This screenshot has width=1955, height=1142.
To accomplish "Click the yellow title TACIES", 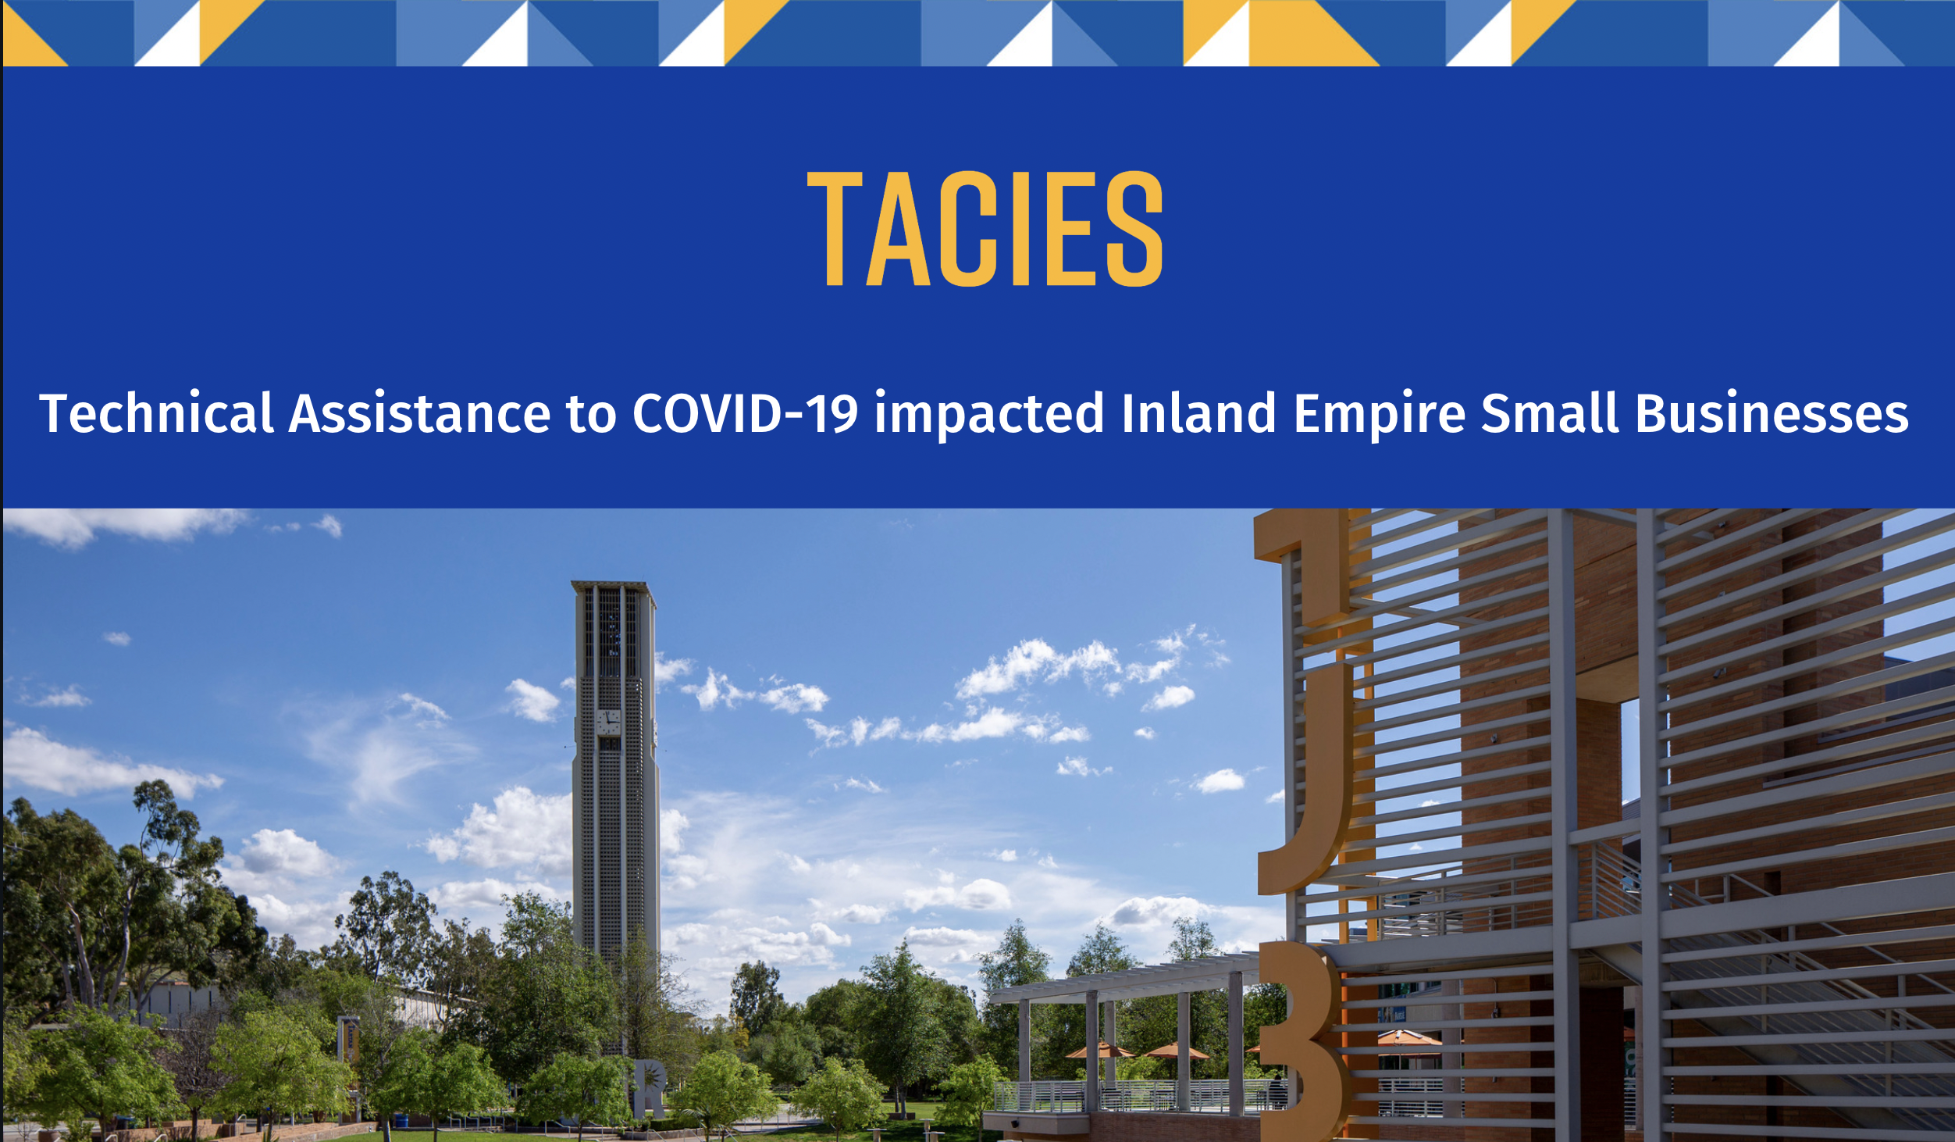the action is [985, 228].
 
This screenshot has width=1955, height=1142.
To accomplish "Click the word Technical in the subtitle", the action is [156, 413].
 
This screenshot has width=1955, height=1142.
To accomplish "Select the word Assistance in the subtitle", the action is [420, 413].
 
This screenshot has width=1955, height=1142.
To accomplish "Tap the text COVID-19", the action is [746, 413].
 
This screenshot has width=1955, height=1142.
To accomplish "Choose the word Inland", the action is [1199, 413].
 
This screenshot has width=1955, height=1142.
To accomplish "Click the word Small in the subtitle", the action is [1550, 413].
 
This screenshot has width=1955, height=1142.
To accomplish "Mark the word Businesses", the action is [1772, 413].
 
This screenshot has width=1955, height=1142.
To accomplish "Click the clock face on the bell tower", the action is [608, 722].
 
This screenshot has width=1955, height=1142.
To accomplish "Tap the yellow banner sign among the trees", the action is [348, 1040].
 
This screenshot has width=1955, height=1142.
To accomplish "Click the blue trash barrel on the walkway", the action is [401, 1120].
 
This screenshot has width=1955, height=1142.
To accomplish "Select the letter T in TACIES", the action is [835, 228].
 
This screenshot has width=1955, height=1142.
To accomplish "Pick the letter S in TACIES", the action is [1135, 228].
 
